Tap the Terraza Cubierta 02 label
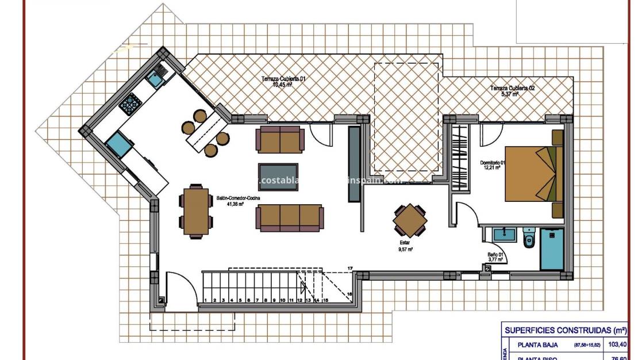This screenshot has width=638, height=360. coord(512,91)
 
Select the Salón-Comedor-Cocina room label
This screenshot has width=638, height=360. coord(238,200)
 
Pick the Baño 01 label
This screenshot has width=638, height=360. coord(495,256)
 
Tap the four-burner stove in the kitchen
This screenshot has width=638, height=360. coord(130,103)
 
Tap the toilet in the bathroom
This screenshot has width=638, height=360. coord(528,238)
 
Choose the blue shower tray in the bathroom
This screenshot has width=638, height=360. coord(552,248)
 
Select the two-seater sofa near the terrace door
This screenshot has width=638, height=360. coord(280,140)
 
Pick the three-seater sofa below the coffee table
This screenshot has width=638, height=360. coord(289,217)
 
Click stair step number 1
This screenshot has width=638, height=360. coord(205,300)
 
